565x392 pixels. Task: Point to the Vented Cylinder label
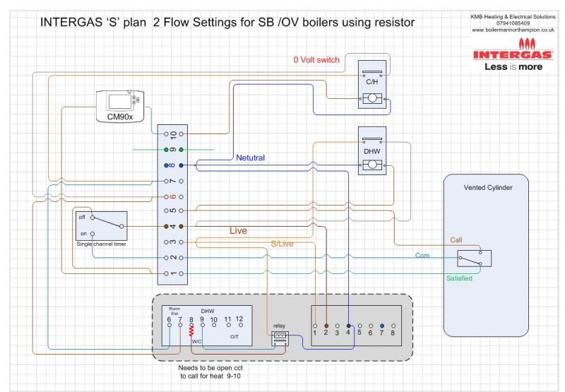coord(487,188)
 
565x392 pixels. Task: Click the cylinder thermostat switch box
coord(474,258)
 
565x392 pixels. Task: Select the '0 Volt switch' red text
coord(316,60)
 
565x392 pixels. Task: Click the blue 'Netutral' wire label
coord(251,158)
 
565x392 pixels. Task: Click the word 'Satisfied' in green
coord(459,278)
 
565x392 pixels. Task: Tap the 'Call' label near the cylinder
coord(456,240)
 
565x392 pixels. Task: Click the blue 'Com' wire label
coord(422,255)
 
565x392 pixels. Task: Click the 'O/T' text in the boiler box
coord(234,338)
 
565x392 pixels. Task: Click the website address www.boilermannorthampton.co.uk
coord(513,30)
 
